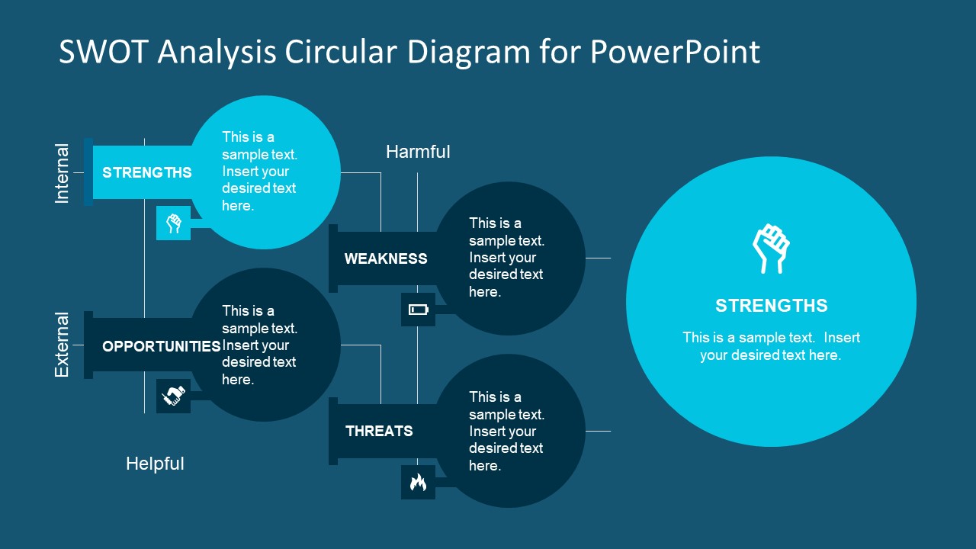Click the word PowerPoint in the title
pos(674,52)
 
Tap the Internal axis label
pos(62,173)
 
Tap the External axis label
pos(62,345)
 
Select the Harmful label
pos(418,152)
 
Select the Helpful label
pos(155,464)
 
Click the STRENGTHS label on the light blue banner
pos(147,172)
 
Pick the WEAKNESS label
pos(386,258)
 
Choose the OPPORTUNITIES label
pos(161,346)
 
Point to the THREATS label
pos(379,431)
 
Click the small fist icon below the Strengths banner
pos(174,223)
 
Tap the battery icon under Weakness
pos(419,310)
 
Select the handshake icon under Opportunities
pos(174,396)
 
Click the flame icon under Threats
pos(418,482)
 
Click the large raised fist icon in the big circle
pos(771,249)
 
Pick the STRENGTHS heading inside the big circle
pos(771,306)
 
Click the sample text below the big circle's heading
pos(771,346)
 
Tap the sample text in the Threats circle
pos(506,431)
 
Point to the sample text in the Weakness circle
pos(506,258)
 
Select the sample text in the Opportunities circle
pos(259,345)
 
